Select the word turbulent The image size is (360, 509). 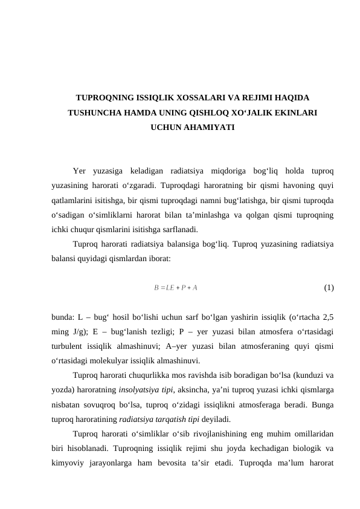point(69,345)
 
